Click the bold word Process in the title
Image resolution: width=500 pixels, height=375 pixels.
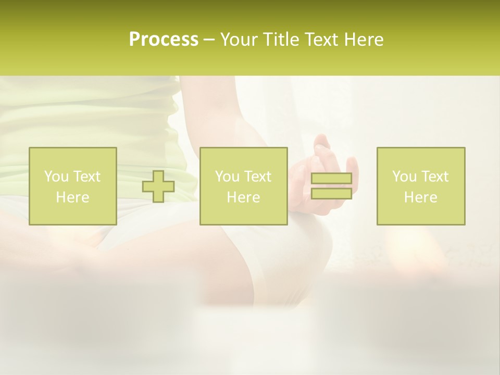164,40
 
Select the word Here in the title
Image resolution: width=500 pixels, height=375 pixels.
364,40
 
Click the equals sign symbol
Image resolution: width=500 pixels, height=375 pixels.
331,186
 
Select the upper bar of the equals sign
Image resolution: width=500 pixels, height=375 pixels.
331,179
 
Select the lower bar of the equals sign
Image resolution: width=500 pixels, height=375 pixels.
331,193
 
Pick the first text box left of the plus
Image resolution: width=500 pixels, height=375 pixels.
72,186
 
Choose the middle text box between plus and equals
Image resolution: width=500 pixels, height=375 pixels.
243,186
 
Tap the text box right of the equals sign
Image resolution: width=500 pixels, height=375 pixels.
420,186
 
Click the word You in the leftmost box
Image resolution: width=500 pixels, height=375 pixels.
56,177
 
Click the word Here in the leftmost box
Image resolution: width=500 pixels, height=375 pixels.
72,197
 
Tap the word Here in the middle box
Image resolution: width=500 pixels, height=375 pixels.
243,197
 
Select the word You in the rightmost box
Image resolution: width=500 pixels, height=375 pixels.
404,177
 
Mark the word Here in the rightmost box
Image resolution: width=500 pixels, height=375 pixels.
420,197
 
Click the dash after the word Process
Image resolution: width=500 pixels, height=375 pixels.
209,40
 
